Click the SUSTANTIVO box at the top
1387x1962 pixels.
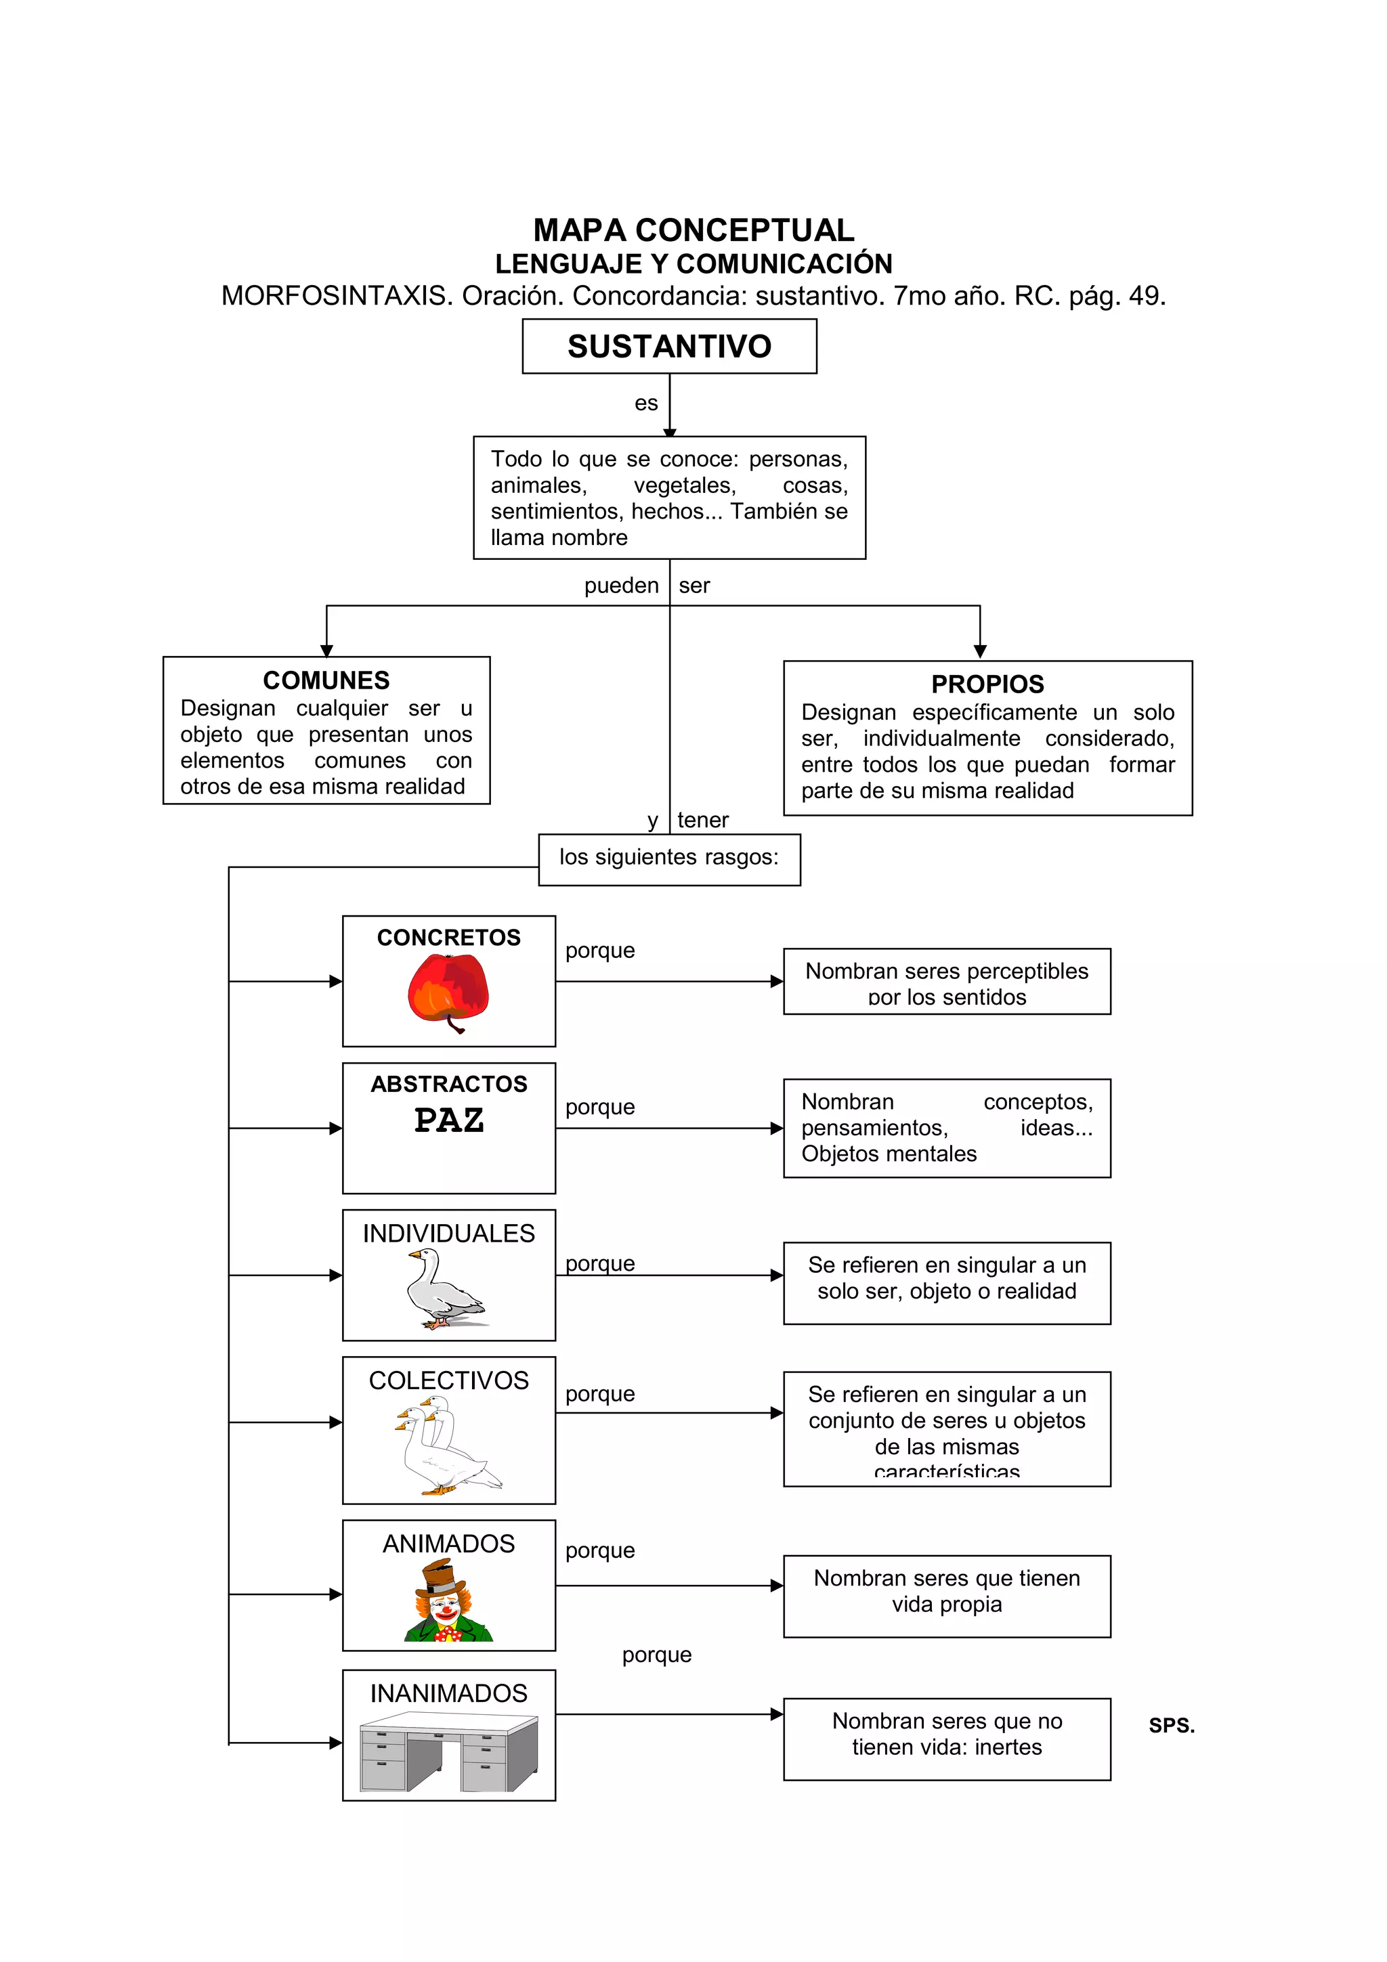coord(669,346)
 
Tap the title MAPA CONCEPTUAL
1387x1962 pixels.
coord(693,230)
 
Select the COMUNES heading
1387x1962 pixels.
coord(326,680)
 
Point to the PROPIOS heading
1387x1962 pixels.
coord(987,684)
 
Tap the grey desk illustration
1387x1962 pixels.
coord(448,1753)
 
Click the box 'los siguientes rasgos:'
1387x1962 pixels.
coord(669,859)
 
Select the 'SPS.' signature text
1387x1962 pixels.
coord(1171,1725)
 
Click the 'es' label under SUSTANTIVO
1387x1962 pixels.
coord(646,404)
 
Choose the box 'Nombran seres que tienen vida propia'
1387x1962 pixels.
coord(947,1596)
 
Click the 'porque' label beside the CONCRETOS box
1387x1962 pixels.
coord(600,951)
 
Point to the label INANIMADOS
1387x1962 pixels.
coord(448,1693)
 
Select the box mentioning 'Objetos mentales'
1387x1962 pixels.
coord(947,1128)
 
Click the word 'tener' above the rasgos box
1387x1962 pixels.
coord(702,821)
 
